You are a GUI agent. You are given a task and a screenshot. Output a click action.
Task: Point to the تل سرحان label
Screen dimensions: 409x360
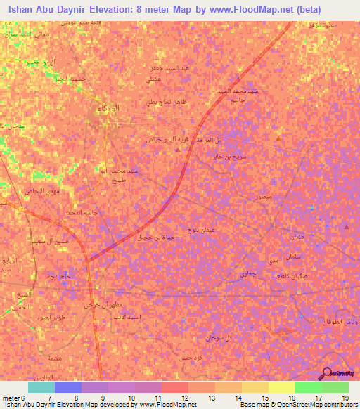(x=213, y=338)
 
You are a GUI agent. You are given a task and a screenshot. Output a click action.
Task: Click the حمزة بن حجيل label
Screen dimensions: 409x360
(x=155, y=237)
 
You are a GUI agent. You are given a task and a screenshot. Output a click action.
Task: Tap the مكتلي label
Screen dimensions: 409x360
(x=153, y=81)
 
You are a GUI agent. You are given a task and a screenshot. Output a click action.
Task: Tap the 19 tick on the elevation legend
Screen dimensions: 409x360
(x=345, y=397)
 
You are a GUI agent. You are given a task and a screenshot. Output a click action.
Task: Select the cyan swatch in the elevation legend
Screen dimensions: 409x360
(x=41, y=387)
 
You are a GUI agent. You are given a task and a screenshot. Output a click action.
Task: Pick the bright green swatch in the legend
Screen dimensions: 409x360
(x=308, y=387)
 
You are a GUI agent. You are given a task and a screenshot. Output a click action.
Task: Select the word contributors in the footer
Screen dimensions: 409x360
(x=340, y=405)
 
